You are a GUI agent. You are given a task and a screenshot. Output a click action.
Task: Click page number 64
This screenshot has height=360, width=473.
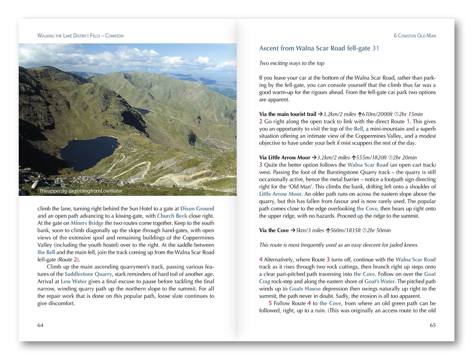click(40, 325)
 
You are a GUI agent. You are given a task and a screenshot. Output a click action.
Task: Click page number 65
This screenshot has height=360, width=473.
click(433, 325)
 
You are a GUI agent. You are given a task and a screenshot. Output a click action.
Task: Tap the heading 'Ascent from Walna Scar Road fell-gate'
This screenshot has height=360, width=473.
click(315, 48)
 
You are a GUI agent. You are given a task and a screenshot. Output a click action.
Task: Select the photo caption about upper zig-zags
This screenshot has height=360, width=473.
click(80, 191)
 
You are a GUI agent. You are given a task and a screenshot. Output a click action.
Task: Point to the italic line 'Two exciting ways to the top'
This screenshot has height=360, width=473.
click(292, 63)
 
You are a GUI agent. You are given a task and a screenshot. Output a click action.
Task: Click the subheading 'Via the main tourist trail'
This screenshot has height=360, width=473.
click(288, 114)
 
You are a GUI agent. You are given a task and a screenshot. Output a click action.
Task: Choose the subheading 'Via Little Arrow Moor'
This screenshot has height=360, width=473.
click(284, 158)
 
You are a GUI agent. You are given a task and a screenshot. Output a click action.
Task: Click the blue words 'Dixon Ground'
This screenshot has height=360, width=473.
click(197, 208)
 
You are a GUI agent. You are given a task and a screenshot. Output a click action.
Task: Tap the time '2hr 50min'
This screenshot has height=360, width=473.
click(379, 230)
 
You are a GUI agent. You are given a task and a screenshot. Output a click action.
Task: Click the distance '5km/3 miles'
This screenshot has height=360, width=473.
click(310, 230)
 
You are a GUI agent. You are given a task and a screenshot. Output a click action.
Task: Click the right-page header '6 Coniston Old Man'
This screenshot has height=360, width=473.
click(415, 36)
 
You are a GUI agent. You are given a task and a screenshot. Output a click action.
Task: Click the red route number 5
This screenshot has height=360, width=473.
click(270, 303)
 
